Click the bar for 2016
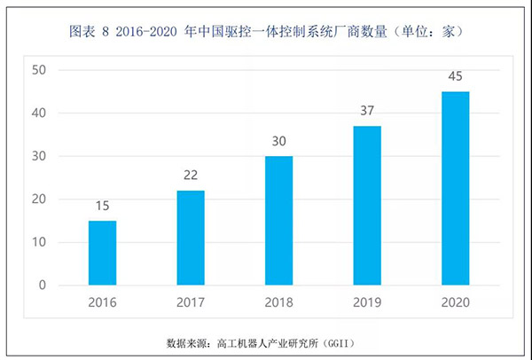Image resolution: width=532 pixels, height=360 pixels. point(102,253)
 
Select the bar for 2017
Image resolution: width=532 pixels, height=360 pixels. point(190,238)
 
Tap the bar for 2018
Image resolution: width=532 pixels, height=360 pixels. point(278,220)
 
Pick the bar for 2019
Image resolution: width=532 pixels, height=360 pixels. point(367,205)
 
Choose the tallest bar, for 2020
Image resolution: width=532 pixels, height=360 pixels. point(456,188)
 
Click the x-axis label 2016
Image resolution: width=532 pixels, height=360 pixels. point(102,301)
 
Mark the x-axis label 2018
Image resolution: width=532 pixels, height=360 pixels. point(278,301)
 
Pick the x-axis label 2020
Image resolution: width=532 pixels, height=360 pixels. point(456,301)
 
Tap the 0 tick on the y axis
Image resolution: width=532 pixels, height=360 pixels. point(43,286)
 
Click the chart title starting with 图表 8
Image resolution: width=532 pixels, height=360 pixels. point(266,32)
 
